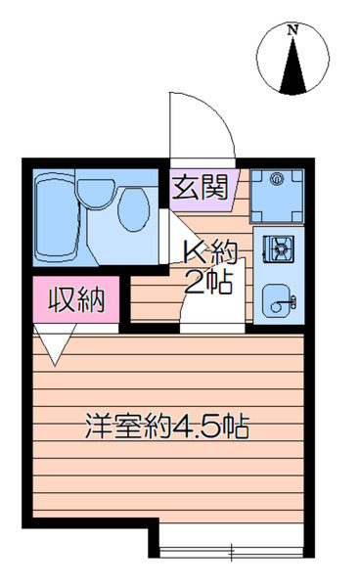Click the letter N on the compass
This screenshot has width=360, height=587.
pyautogui.click(x=292, y=29)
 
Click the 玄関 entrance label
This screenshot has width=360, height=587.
pyautogui.click(x=200, y=187)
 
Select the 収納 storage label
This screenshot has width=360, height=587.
pyautogui.click(x=76, y=299)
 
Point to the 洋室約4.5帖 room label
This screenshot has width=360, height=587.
pyautogui.click(x=167, y=426)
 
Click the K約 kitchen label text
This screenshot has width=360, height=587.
pyautogui.click(x=210, y=252)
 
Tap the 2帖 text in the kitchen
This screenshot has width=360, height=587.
pyautogui.click(x=209, y=282)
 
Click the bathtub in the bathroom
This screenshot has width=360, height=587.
pyautogui.click(x=57, y=218)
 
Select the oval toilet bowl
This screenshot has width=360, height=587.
pyautogui.click(x=134, y=209)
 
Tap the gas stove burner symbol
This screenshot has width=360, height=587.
pyautogui.click(x=278, y=248)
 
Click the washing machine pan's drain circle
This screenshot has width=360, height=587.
pyautogui.click(x=277, y=179)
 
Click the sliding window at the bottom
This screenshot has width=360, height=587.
pyautogui.click(x=231, y=551)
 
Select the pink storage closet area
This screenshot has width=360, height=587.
pyautogui.click(x=76, y=299)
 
